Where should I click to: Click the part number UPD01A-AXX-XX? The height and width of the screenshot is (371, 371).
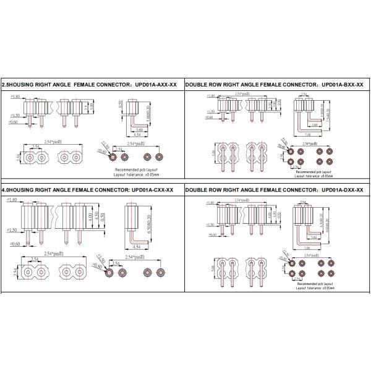[x=154, y=86]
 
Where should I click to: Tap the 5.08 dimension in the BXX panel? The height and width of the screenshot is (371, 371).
[x=213, y=151]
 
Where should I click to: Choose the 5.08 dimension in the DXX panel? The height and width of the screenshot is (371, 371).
[x=213, y=267]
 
